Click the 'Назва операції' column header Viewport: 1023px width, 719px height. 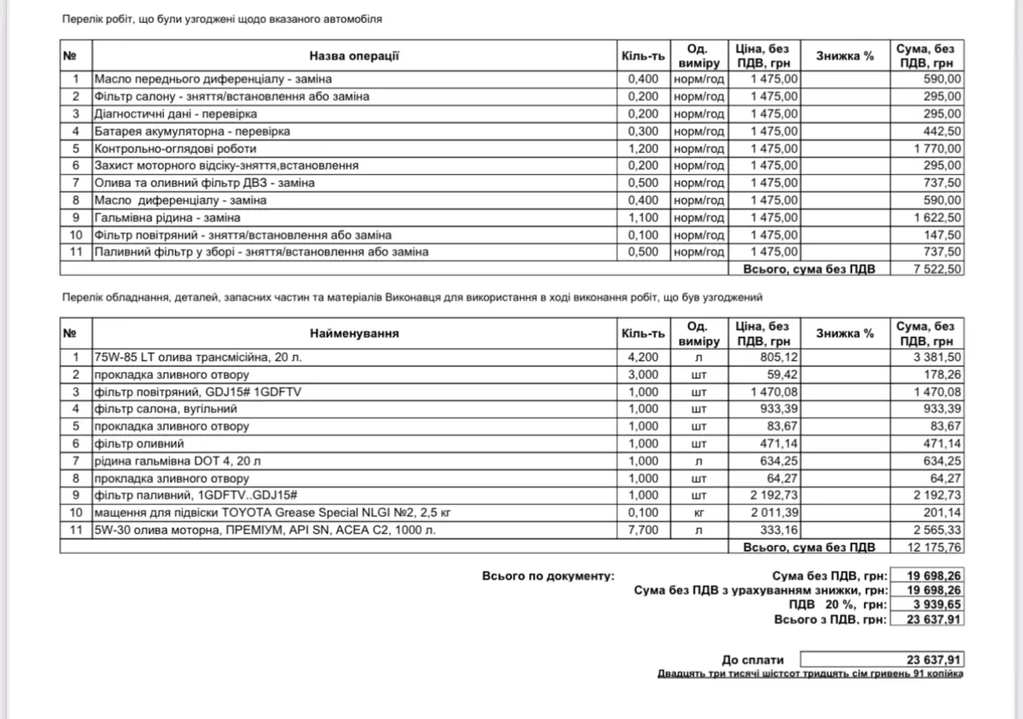click(354, 56)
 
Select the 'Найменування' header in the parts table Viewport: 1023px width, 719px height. click(354, 333)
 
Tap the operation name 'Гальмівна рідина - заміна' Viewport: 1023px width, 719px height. click(167, 218)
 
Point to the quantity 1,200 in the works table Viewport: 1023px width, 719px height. click(642, 148)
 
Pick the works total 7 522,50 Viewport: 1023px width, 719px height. click(937, 269)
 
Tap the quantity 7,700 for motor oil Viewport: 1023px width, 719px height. click(642, 530)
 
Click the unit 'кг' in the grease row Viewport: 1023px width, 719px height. click(698, 513)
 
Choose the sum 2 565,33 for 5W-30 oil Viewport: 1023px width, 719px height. click(937, 530)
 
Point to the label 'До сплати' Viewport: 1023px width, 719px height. click(753, 660)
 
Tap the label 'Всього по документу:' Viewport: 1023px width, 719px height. click(547, 576)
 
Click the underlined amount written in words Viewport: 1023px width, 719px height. click(810, 674)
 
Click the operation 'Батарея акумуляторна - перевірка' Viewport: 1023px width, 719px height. click(192, 131)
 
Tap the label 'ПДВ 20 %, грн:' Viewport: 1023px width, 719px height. click(838, 605)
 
